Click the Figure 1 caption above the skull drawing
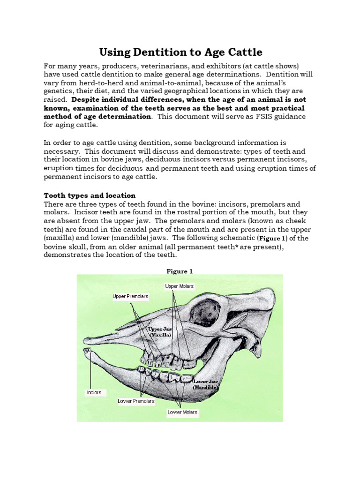[180, 271]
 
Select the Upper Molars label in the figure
[179, 286]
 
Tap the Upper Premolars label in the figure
[130, 296]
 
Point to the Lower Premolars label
[136, 401]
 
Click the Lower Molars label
[183, 412]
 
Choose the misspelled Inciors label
[94, 392]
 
